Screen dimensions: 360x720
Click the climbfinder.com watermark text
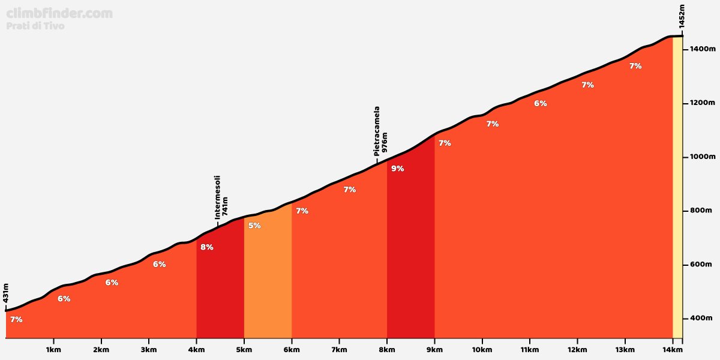coord(59,13)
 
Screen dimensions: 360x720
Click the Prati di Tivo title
coord(35,26)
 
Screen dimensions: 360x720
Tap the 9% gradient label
coord(397,169)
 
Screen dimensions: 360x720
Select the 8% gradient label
coord(206,247)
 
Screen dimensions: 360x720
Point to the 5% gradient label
coord(254,226)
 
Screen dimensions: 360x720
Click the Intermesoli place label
coord(218,197)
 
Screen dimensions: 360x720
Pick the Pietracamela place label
coord(377,131)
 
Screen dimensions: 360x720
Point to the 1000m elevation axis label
coord(702,157)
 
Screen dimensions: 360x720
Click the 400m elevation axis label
coord(701,318)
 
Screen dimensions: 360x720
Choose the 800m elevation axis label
coord(701,211)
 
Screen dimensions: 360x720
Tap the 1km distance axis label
coord(53,350)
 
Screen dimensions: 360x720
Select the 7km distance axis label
coord(339,350)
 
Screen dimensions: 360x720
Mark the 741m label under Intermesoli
coord(225,206)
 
